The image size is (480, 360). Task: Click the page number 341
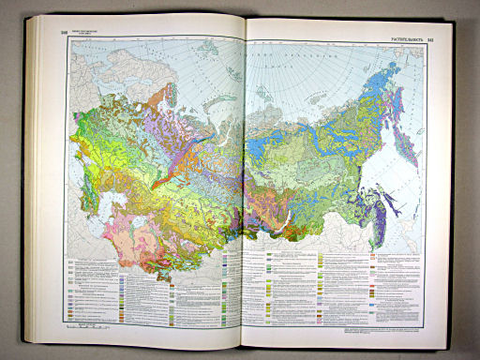click(430, 39)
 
